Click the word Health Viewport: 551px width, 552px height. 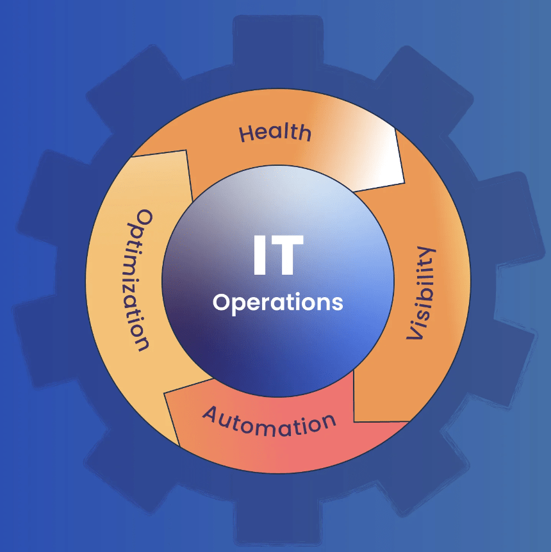pos(275,133)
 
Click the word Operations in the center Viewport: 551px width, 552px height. pos(278,302)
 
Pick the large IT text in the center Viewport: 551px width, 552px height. pos(277,256)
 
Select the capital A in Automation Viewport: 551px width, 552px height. pos(211,416)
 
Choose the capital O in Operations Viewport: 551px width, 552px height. pos(222,302)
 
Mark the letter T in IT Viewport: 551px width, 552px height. pos(288,256)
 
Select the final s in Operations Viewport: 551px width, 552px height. pos(337,302)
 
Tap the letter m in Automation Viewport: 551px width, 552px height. pos(268,427)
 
